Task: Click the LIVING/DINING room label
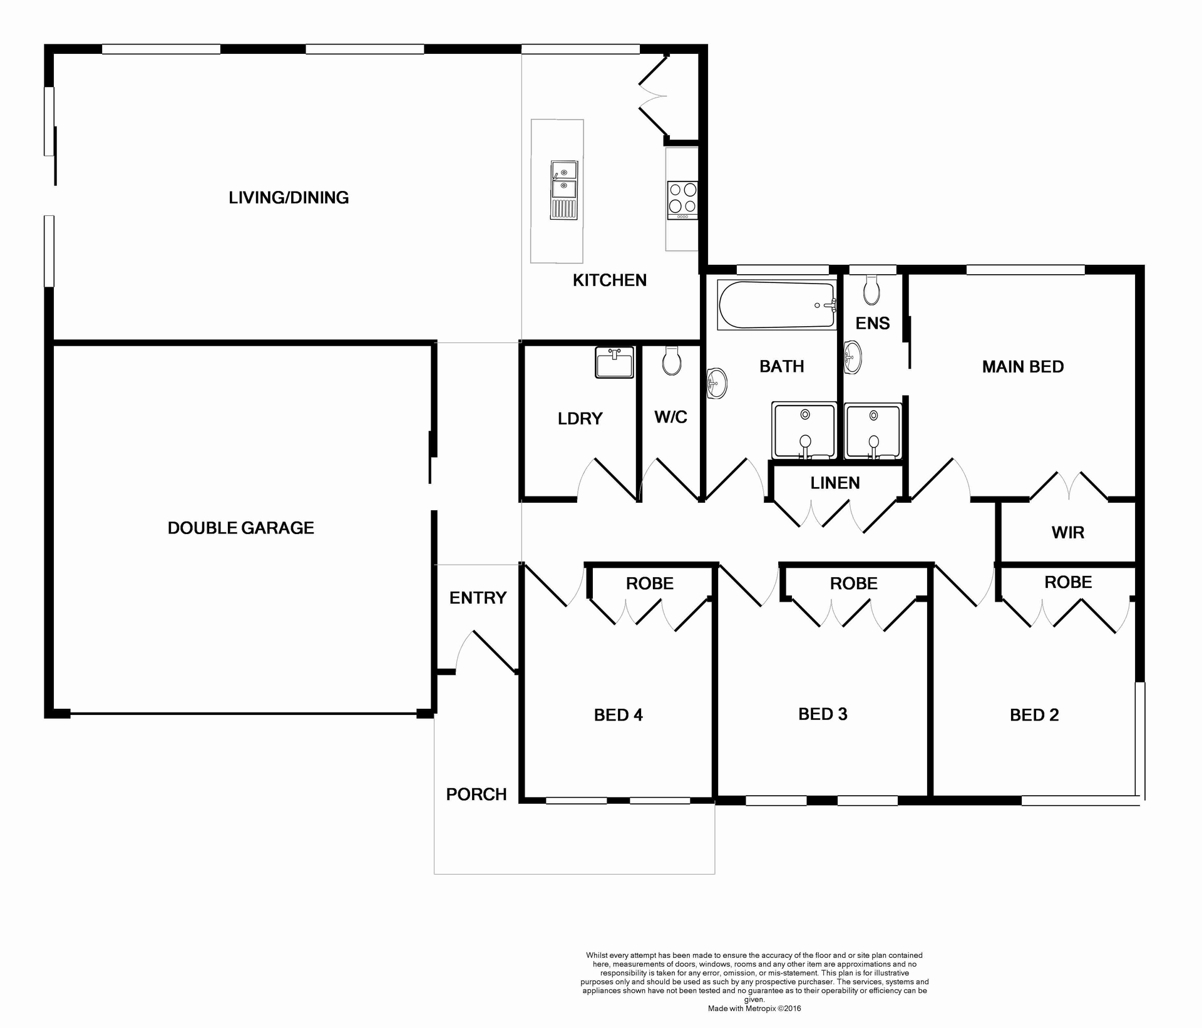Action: coord(289,198)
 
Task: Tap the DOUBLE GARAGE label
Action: coord(241,528)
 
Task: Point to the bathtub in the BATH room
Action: coord(776,305)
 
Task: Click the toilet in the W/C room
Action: coord(672,361)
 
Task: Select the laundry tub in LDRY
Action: coord(614,362)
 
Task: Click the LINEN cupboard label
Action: coord(835,483)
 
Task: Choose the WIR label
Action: coord(1068,533)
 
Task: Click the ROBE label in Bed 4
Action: coord(650,583)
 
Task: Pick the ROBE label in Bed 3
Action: coord(854,583)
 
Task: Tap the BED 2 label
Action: coord(1034,715)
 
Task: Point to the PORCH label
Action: coord(476,794)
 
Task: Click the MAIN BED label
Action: coord(1023,367)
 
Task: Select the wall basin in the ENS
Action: coord(852,357)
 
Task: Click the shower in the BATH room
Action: coord(804,431)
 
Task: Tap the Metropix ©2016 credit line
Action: coord(754,1009)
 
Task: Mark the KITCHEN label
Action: coord(610,280)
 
